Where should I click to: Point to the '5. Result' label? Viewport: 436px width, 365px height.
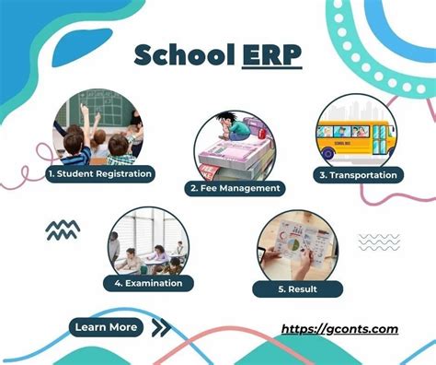[x=299, y=288]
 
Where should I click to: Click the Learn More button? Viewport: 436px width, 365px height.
[x=107, y=326]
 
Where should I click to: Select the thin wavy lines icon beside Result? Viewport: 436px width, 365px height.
[x=378, y=241]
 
